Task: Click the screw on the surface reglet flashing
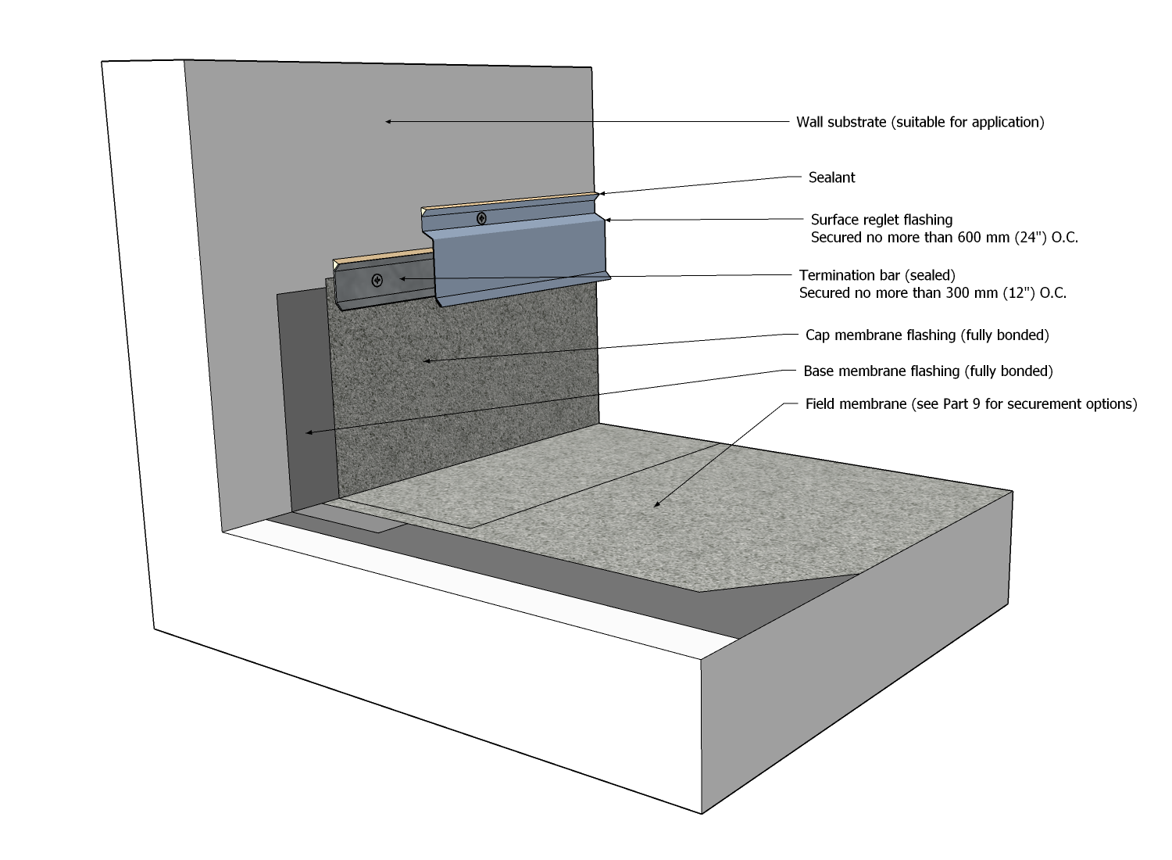click(481, 219)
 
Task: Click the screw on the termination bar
click(377, 280)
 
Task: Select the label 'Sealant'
click(831, 177)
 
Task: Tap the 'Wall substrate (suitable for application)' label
click(920, 122)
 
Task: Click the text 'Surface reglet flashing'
click(881, 220)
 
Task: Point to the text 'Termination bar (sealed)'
click(877, 275)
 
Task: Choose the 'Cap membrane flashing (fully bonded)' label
click(927, 335)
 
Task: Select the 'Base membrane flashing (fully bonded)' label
click(927, 371)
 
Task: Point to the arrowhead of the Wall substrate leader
click(388, 121)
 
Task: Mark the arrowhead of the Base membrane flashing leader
click(309, 432)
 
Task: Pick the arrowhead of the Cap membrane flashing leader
click(425, 360)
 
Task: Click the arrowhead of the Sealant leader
click(599, 194)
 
